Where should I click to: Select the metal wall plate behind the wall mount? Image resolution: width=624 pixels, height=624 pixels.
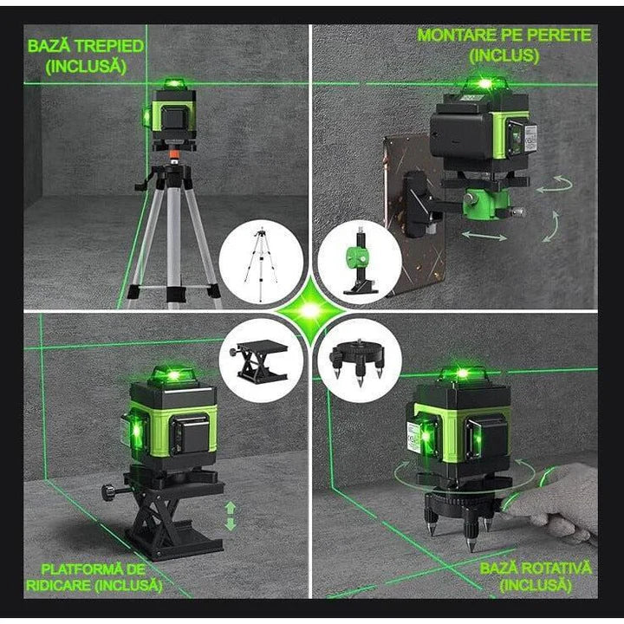click(407, 199)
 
